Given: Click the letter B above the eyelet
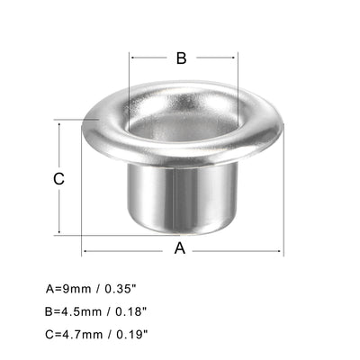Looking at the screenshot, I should click(x=180, y=58).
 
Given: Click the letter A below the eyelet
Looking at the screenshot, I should click(x=179, y=248).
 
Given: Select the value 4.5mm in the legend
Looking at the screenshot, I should click(x=83, y=311).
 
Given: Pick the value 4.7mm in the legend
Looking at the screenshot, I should click(x=83, y=333).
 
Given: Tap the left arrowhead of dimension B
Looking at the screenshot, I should click(x=132, y=58).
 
